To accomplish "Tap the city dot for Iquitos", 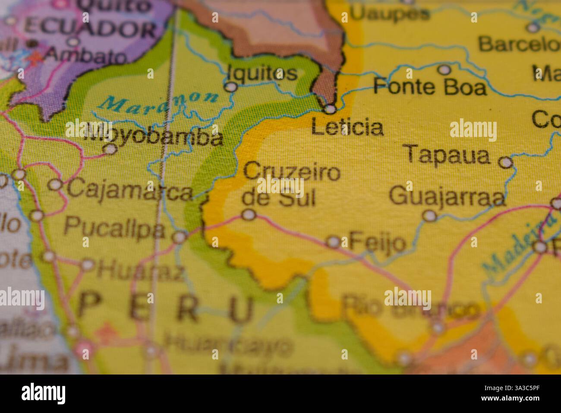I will [x=232, y=87].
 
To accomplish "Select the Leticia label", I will [x=347, y=127].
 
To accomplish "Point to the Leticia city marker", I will [x=330, y=109].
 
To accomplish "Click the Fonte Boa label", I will [x=430, y=87].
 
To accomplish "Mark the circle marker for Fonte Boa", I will [x=444, y=70].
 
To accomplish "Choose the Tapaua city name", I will [x=448, y=155].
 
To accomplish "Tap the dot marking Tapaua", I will [x=505, y=162].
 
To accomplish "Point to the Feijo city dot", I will [x=333, y=242].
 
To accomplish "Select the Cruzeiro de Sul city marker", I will [x=248, y=215].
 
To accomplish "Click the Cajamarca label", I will [x=129, y=191].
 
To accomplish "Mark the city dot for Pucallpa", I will [x=180, y=237].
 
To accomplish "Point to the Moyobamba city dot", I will [x=111, y=149].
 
